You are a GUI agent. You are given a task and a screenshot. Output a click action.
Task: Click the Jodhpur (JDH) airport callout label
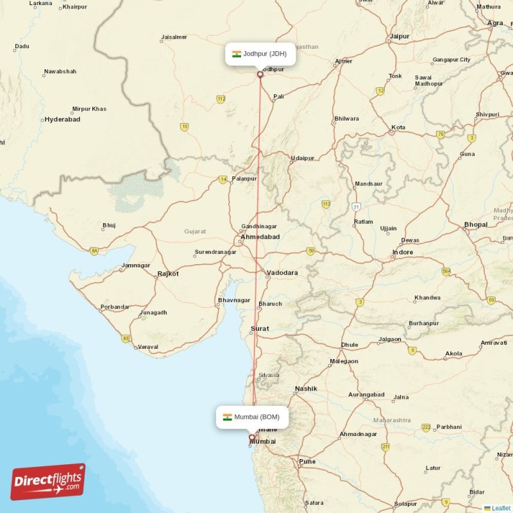tap(260, 54)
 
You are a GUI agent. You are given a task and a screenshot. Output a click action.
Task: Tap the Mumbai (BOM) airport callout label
tap(252, 417)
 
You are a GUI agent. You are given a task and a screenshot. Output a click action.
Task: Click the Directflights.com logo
tap(48, 482)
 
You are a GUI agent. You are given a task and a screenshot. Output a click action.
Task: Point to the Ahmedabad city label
tap(260, 237)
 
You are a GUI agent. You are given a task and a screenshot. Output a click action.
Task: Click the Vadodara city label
tap(282, 273)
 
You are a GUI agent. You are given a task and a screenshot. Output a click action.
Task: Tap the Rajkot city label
tap(168, 274)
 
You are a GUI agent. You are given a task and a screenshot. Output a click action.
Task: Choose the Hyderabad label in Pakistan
tap(62, 120)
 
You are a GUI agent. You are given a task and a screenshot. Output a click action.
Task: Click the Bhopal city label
tap(475, 225)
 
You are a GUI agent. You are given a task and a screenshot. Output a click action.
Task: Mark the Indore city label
tap(403, 252)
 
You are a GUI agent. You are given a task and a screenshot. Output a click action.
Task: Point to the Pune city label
tap(307, 461)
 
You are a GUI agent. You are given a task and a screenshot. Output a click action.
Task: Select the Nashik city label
tap(306, 389)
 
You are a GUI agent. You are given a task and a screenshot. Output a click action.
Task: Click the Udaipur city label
tap(303, 158)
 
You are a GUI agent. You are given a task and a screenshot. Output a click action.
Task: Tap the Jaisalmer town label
tap(174, 37)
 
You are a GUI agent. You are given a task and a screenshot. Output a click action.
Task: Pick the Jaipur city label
tap(399, 37)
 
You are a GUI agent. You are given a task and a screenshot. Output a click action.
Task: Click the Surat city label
tap(260, 328)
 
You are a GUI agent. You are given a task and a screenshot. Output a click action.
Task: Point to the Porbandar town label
tap(115, 307)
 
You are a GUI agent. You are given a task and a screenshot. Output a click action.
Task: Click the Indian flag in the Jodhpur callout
tap(236, 54)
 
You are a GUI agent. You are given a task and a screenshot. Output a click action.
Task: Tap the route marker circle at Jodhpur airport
tap(260, 74)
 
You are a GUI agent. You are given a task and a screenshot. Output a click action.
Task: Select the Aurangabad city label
tap(366, 394)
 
